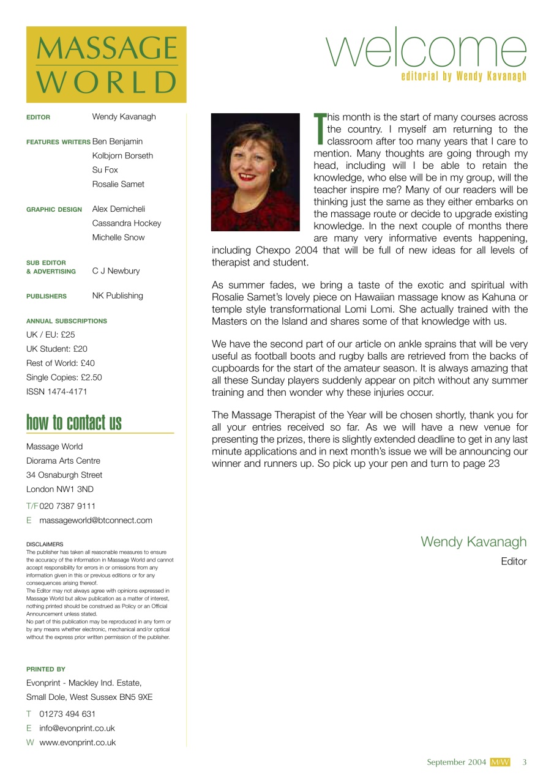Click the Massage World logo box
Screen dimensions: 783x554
coord(106,64)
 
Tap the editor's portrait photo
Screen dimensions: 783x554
coord(255,172)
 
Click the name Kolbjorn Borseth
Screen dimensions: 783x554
coord(122,155)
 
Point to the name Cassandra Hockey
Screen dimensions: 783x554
coord(127,223)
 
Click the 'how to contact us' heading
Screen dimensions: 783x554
coord(74,423)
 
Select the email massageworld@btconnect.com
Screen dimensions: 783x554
coord(95,521)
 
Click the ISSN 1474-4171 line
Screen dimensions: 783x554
coord(56,391)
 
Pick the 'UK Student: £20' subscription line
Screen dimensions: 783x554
coord(57,349)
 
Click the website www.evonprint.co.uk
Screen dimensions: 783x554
coord(77,743)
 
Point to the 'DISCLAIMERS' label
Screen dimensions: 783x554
coord(45,544)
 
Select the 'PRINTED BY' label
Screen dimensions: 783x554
coord(46,669)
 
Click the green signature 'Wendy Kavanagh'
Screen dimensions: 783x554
coord(473,541)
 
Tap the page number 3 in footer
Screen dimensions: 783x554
coord(525,762)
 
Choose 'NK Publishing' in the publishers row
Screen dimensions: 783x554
coord(118,295)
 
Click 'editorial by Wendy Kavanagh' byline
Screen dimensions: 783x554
coord(463,77)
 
